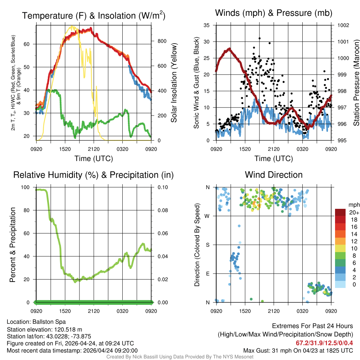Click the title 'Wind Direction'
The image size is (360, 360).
(x=274, y=175)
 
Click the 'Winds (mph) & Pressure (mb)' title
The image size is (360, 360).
(x=274, y=13)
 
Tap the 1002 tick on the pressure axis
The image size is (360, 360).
(x=343, y=25)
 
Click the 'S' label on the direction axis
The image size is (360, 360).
(x=208, y=245)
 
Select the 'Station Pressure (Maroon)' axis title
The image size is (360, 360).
(x=356, y=83)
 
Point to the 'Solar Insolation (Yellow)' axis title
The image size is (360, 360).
(x=174, y=83)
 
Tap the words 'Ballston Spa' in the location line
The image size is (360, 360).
(x=49, y=322)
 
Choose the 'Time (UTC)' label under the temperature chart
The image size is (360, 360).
(x=94, y=159)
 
